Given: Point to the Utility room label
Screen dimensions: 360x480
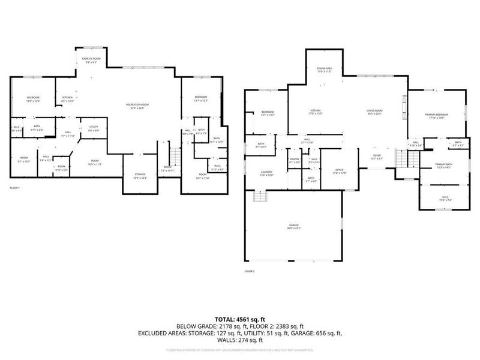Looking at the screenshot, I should pyautogui.click(x=94, y=128).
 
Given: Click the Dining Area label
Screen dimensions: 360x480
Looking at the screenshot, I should pyautogui.click(x=325, y=70).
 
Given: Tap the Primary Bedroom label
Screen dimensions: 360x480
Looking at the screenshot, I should pyautogui.click(x=436, y=115).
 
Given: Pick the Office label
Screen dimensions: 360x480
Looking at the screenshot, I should pyautogui.click(x=340, y=172).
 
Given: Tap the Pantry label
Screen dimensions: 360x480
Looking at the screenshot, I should pyautogui.click(x=294, y=160).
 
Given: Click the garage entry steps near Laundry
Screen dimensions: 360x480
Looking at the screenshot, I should pyautogui.click(x=259, y=197).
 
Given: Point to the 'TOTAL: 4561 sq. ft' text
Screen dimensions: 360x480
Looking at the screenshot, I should pyautogui.click(x=239, y=319).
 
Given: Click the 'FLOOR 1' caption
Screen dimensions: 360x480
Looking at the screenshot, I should pyautogui.click(x=15, y=188).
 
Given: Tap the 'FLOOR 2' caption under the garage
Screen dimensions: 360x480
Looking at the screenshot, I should pyautogui.click(x=249, y=271).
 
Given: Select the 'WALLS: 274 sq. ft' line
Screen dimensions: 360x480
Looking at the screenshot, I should pyautogui.click(x=239, y=340).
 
